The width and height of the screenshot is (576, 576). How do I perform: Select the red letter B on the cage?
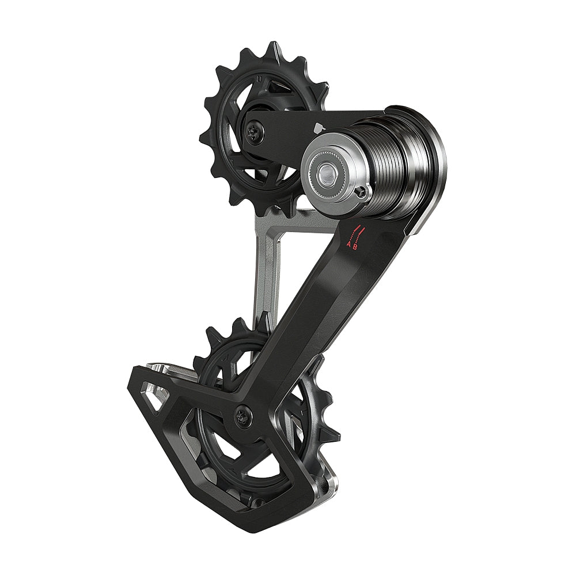[x=355, y=246]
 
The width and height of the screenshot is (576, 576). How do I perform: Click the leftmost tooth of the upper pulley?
[x=203, y=138]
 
